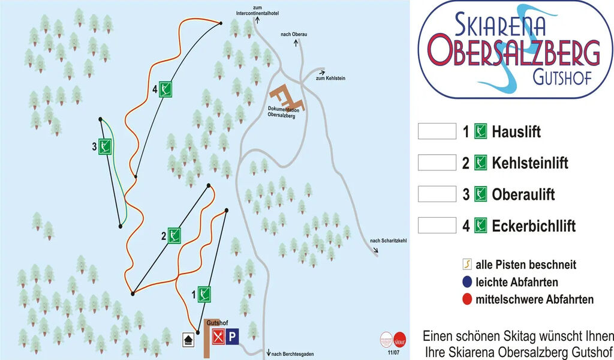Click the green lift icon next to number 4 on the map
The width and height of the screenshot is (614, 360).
(x=165, y=89)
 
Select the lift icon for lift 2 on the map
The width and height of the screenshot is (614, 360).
(x=174, y=235)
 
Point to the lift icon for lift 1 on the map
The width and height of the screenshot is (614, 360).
(x=204, y=294)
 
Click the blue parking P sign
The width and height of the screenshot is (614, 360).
(x=232, y=337)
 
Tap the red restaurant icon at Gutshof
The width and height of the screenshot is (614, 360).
(x=218, y=337)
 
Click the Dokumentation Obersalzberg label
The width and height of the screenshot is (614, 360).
(x=281, y=112)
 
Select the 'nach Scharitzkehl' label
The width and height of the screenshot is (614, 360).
(x=388, y=241)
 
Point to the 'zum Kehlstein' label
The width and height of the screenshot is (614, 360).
(x=330, y=79)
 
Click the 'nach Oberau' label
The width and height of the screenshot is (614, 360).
(x=294, y=34)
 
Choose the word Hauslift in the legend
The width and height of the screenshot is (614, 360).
(x=516, y=131)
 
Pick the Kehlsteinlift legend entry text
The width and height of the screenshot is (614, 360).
(x=529, y=163)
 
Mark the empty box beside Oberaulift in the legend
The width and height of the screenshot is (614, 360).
(x=437, y=194)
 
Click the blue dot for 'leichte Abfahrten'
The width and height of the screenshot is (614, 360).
(x=466, y=282)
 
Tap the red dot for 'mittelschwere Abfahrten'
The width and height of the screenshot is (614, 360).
(x=466, y=299)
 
